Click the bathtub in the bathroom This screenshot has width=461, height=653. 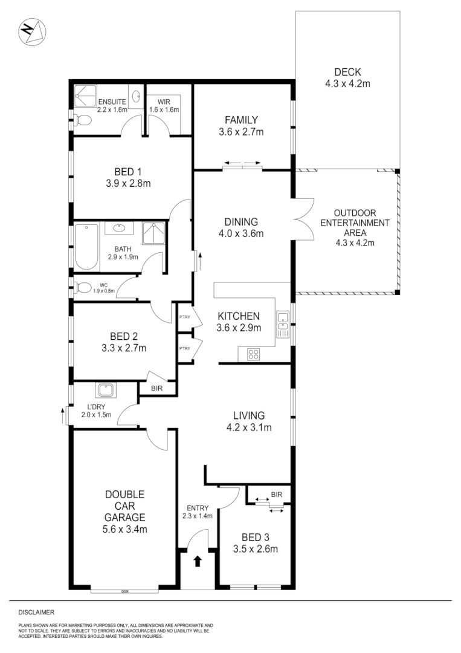click(x=86, y=247)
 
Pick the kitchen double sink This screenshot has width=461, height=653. click(x=282, y=323)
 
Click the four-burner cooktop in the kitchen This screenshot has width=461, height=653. click(x=253, y=355)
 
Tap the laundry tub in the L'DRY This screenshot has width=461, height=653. click(x=106, y=389)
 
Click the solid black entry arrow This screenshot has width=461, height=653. click(x=197, y=561)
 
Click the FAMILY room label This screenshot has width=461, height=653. click(x=242, y=120)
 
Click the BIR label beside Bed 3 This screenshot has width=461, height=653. click(x=277, y=495)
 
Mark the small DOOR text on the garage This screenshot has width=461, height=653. click(x=125, y=591)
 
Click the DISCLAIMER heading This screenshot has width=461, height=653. click(x=36, y=612)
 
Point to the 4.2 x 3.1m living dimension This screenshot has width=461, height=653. click(x=249, y=427)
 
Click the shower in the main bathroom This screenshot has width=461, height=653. click(x=153, y=233)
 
